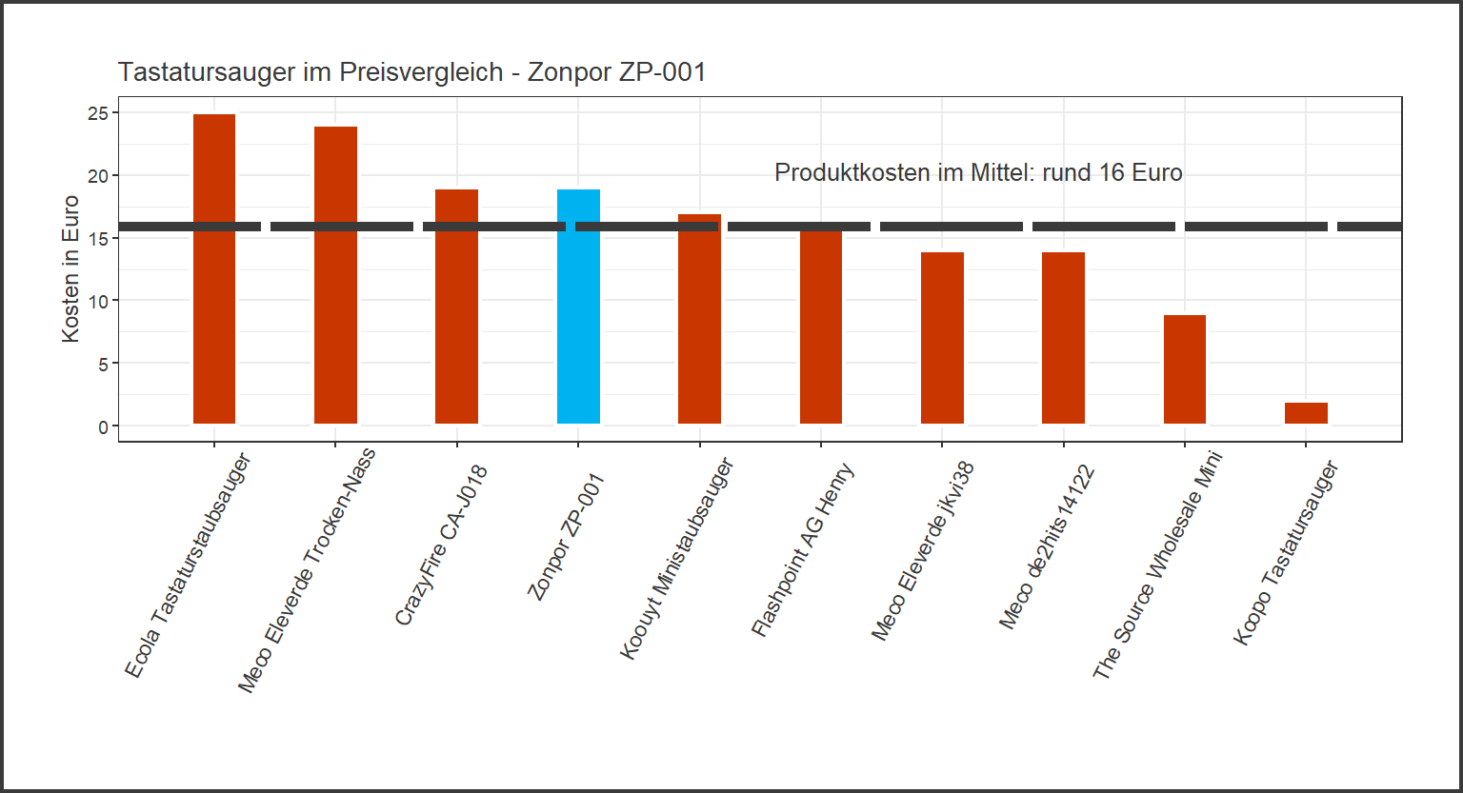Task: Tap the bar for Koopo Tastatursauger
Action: pos(1306,413)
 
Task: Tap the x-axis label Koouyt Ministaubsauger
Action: pos(677,558)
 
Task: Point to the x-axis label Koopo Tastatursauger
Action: pos(1287,553)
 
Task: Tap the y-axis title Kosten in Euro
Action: pos(70,268)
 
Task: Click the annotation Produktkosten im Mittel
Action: pos(978,173)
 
